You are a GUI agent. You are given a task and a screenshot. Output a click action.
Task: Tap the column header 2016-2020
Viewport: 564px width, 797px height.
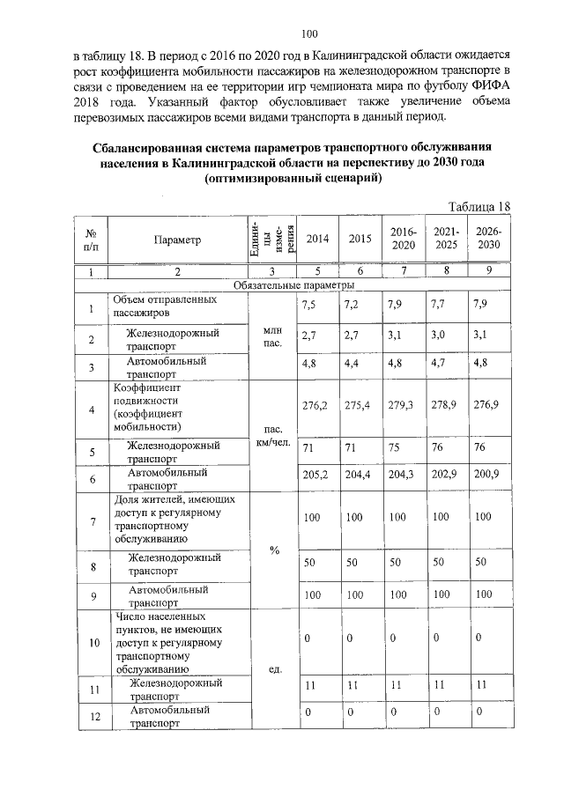click(x=403, y=238)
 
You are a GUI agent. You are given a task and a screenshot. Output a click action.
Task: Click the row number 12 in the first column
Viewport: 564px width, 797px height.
click(x=91, y=717)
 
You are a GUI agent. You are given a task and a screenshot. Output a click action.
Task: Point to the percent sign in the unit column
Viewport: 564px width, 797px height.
click(x=274, y=550)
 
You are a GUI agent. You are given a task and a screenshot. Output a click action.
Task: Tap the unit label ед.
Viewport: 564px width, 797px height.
click(x=273, y=669)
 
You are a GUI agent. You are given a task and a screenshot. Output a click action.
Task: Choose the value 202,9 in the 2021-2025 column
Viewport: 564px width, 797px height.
click(x=443, y=475)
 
